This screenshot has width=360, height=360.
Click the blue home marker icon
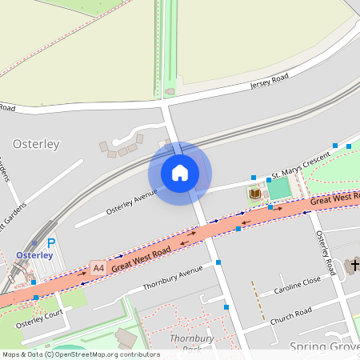180,173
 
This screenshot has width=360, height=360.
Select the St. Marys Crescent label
300,165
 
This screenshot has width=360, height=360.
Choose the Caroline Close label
296,285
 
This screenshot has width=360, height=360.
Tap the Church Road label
291,314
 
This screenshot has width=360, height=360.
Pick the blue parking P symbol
51,243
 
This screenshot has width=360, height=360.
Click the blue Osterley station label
34,256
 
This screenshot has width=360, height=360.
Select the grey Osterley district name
36,144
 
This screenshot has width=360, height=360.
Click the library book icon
254,194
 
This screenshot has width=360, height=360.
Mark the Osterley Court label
38,319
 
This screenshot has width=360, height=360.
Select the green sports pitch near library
278,189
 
